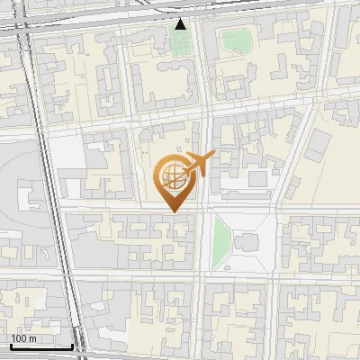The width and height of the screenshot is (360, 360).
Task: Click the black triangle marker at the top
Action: tap(181, 24)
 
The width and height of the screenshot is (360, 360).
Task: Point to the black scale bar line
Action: tap(41, 346)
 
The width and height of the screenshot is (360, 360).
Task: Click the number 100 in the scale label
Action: tap(18, 338)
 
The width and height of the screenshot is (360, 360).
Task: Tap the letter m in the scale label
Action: tap(32, 338)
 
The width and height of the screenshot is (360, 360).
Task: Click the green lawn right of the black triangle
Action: tap(237, 40)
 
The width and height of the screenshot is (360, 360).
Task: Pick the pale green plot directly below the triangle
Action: tap(181, 44)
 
